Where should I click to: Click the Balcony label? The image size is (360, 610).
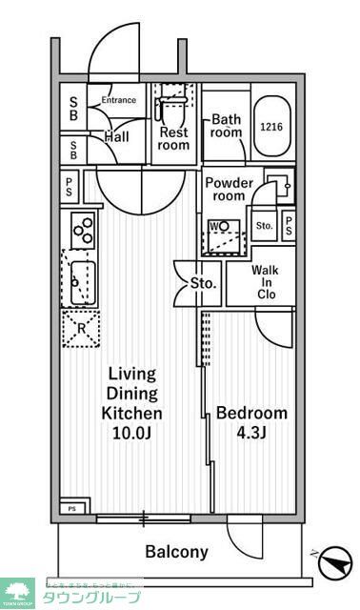click(176, 552)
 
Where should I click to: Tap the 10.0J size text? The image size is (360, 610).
click(132, 434)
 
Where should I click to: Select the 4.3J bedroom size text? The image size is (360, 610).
click(251, 434)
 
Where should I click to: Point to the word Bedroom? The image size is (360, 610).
click(251, 414)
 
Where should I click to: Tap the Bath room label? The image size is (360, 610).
click(227, 127)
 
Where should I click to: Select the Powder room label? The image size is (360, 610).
click(230, 189)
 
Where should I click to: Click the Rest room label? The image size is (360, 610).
click(174, 138)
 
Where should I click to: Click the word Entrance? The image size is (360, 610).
click(118, 100)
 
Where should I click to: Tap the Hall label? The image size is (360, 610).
click(117, 137)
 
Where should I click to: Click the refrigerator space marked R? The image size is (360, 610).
click(80, 328)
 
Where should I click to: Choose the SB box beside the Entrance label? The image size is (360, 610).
click(73, 108)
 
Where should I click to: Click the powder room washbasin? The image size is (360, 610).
click(275, 183)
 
